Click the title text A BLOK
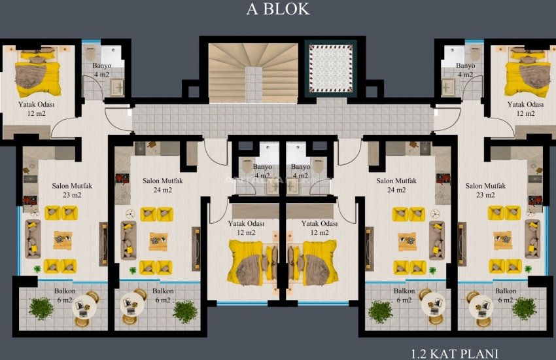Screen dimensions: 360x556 click(277, 10)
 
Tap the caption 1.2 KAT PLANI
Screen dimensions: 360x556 click(454, 353)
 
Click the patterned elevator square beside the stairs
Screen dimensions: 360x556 click(331, 68)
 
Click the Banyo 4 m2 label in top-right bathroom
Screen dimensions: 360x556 click(465, 70)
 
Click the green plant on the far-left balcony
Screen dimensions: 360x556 click(41, 308)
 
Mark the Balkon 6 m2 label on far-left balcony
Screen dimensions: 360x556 click(64, 295)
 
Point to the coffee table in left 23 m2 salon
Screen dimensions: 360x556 click(63, 240)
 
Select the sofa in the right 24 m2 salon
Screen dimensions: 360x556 click(437, 240)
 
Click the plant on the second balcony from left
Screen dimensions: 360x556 click(184, 311)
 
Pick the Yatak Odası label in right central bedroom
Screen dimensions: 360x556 click(319, 227)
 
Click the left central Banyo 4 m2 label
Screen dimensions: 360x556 click(262, 171)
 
